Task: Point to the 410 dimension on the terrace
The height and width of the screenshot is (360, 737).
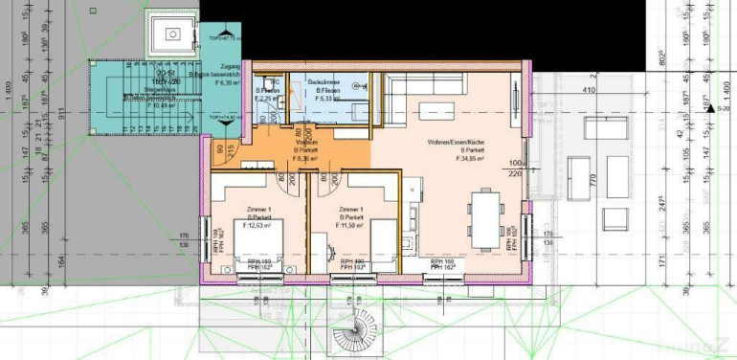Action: (588, 91)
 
